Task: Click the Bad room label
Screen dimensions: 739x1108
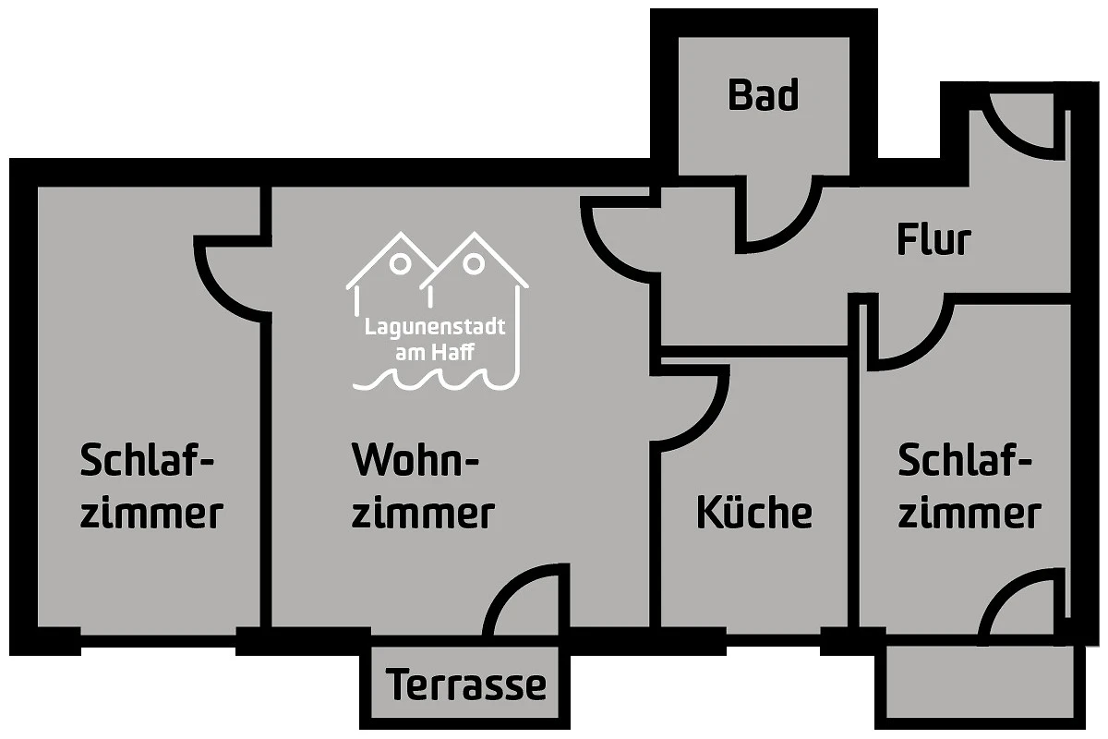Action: coord(763,95)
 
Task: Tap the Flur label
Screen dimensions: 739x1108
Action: coord(933,240)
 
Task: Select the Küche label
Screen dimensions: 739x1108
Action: coord(754,512)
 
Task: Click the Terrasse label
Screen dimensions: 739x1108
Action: coord(466,685)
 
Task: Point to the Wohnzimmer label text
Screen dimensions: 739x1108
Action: coord(423,486)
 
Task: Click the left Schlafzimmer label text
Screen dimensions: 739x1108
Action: coord(151,486)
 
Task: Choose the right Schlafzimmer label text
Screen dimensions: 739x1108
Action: coord(969,486)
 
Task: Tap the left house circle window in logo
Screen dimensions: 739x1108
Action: coord(400,263)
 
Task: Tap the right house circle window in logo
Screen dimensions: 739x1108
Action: coord(473,263)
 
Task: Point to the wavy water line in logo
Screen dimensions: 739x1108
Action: coord(433,379)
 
